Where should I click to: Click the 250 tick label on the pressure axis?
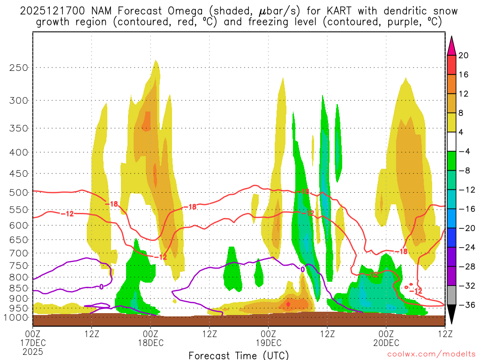pyautogui.click(x=18, y=67)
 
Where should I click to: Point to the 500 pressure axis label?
pyautogui.click(x=18, y=192)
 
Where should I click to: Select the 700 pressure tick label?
pyautogui.click(x=18, y=253)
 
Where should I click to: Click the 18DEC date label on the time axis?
pyautogui.click(x=150, y=343)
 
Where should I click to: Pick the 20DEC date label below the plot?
pyautogui.click(x=386, y=343)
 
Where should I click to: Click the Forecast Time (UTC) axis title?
pyautogui.click(x=239, y=355)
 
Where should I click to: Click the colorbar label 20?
pyautogui.click(x=464, y=55)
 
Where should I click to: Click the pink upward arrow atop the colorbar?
pyautogui.click(x=451, y=45)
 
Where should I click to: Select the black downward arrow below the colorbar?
pyautogui.click(x=451, y=315)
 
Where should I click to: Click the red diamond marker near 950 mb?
pyautogui.click(x=288, y=304)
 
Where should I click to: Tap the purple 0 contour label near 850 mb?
pyautogui.click(x=101, y=286)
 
